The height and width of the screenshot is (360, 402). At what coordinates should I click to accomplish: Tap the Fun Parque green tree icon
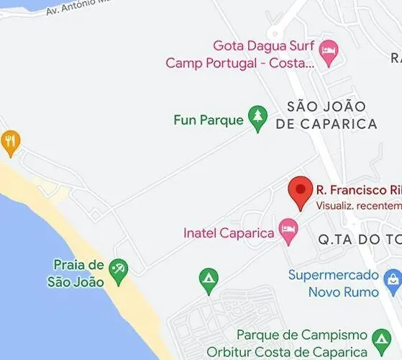coord(257,118)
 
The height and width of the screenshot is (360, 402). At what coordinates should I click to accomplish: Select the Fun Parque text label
coord(209,120)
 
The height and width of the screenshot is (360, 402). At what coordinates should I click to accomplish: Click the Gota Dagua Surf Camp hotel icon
coord(329,53)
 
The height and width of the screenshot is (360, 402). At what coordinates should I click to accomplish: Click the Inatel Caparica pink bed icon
coord(288,232)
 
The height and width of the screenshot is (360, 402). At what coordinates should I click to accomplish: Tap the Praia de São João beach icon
coord(119,270)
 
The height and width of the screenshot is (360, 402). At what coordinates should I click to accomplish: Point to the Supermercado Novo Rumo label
coord(334,283)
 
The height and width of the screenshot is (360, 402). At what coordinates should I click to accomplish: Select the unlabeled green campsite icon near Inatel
coord(209,279)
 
